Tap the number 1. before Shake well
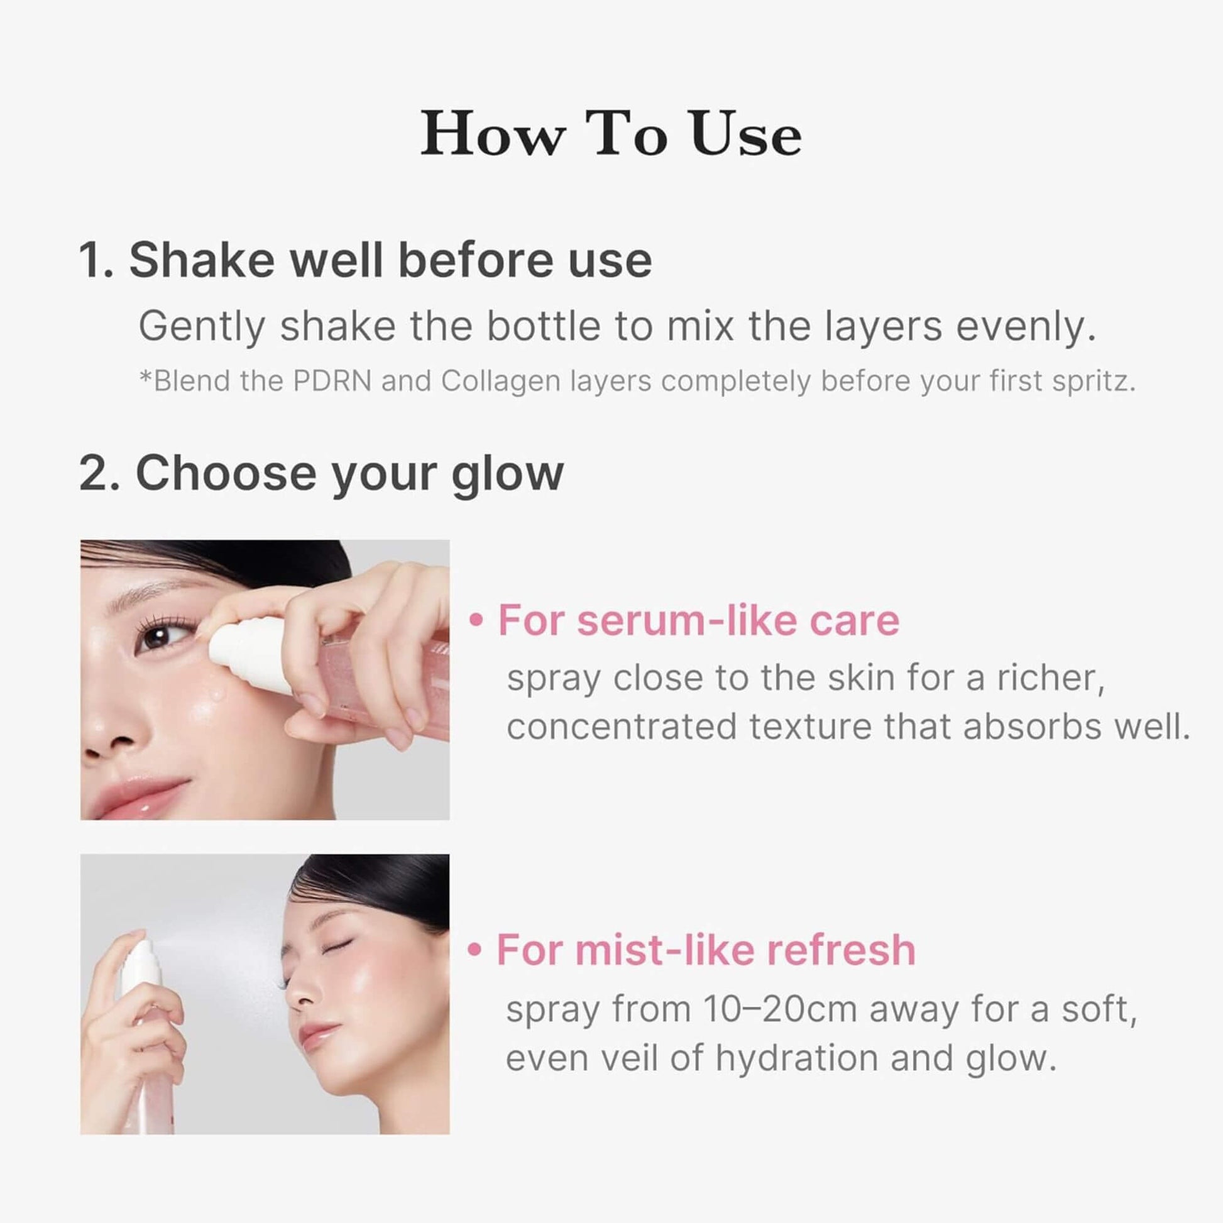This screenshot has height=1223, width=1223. click(96, 260)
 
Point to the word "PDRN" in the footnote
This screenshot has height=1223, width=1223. click(332, 381)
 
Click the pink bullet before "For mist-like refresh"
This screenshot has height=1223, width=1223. click(474, 950)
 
